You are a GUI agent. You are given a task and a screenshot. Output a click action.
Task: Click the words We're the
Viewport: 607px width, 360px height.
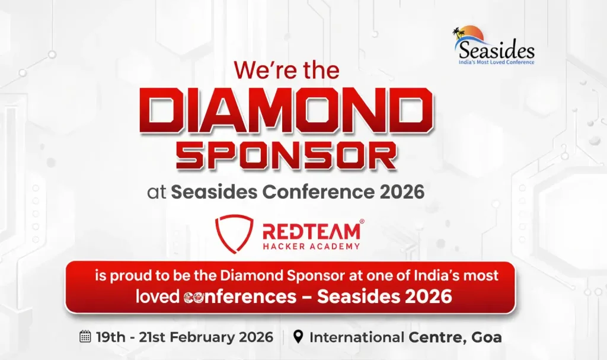pyautogui.click(x=286, y=71)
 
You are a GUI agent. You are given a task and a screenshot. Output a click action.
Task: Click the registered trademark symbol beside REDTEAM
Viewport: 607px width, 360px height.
pyautogui.click(x=362, y=221)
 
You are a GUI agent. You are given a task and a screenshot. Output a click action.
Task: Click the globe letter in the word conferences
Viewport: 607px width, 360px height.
pyautogui.click(x=190, y=297)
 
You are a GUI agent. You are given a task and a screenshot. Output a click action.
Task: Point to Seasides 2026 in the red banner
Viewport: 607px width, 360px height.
pyautogui.click(x=385, y=296)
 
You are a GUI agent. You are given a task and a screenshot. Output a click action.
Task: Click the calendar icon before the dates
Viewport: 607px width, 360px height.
pyautogui.click(x=85, y=337)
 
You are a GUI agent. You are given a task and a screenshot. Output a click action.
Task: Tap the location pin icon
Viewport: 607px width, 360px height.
pyautogui.click(x=299, y=337)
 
